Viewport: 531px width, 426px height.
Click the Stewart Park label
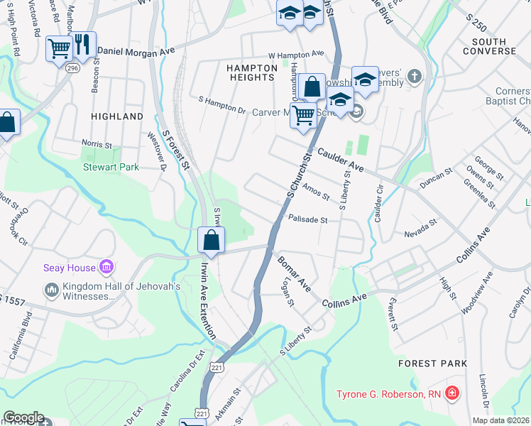[x=111, y=167]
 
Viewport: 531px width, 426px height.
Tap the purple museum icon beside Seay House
[x=106, y=267]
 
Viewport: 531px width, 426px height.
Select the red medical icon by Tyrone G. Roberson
[x=451, y=393]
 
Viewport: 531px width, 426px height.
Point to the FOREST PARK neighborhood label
[x=432, y=364]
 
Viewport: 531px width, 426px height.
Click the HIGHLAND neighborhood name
[x=117, y=116]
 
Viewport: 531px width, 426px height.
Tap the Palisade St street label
[x=307, y=220]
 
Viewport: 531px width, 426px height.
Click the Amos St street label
[x=315, y=192]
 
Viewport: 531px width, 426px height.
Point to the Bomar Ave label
[x=294, y=274]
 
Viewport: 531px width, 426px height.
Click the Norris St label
[x=97, y=144]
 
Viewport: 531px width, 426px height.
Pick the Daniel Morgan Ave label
[x=136, y=51]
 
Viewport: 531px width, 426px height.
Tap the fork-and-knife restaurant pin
[x=83, y=44]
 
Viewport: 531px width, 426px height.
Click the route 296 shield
[x=72, y=68]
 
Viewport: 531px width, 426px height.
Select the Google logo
[x=23, y=417]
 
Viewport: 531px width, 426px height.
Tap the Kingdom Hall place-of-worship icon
[x=51, y=290]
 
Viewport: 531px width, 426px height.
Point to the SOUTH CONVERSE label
[x=489, y=45]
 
